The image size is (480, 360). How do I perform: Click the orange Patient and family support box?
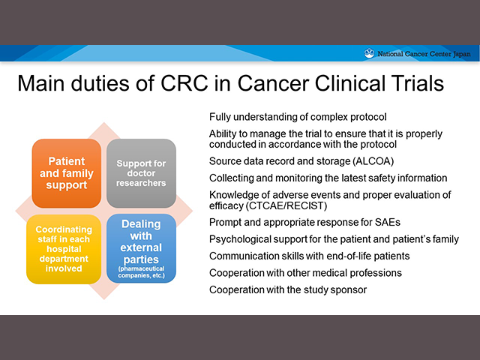67,173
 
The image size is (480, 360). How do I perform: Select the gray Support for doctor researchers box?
141,173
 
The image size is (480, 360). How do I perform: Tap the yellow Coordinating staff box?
64,249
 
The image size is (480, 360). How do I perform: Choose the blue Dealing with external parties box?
141,248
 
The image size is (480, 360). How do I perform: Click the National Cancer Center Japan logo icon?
369,53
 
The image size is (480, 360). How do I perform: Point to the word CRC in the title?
184,83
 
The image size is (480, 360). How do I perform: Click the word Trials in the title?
415,83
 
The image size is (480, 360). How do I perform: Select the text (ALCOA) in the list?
373,161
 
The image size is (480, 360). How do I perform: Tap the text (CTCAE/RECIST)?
286,205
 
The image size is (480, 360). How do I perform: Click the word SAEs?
388,222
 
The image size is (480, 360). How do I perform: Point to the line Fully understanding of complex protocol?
298,117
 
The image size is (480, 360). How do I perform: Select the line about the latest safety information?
328,178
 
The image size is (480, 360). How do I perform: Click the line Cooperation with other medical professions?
305,273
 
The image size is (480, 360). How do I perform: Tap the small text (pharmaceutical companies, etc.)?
142,272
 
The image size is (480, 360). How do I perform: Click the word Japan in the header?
462,54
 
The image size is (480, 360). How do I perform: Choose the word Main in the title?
40,83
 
